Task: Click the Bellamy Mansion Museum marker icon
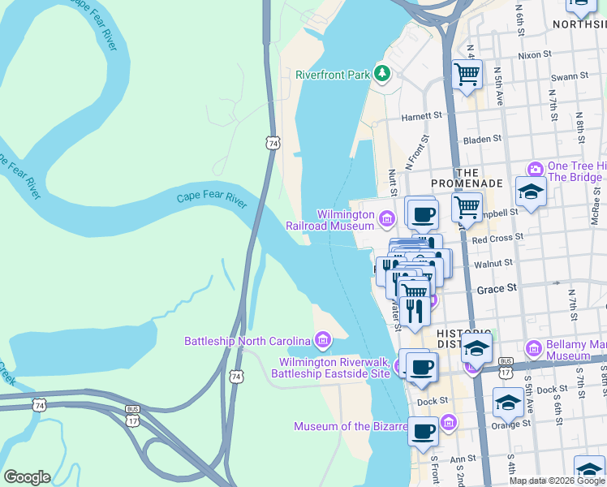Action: (x=534, y=348)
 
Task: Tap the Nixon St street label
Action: (x=534, y=55)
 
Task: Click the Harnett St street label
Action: (x=422, y=116)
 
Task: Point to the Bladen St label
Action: (x=483, y=140)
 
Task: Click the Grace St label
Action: (x=497, y=289)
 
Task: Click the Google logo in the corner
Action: (x=27, y=477)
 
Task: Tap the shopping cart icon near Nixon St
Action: (x=467, y=75)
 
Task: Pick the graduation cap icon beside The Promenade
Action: (x=531, y=192)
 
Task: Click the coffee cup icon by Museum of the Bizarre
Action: (x=423, y=432)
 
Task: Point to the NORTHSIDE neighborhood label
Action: (x=579, y=24)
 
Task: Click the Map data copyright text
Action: (x=556, y=481)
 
